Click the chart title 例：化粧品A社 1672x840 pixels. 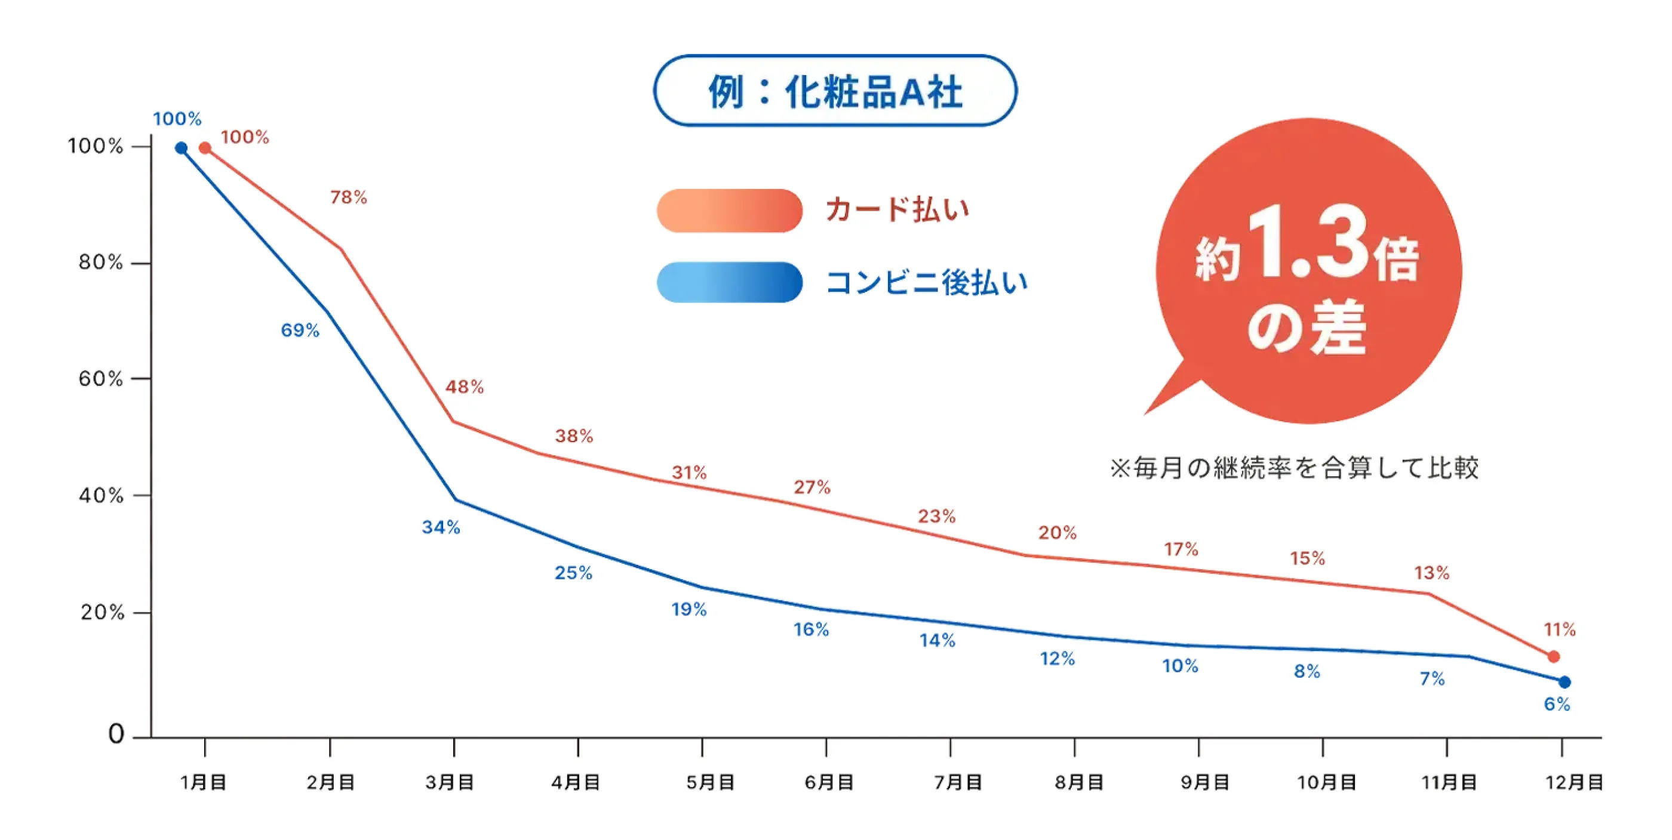click(x=835, y=91)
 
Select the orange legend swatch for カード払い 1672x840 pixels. click(x=729, y=210)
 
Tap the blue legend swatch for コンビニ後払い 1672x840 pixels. click(x=729, y=282)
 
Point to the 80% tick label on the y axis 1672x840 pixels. click(x=100, y=262)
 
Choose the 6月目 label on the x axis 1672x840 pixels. click(x=829, y=782)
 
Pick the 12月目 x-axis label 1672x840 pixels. click(x=1574, y=782)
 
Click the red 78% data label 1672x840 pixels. click(x=349, y=197)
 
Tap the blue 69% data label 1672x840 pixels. click(x=300, y=331)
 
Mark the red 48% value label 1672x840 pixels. click(x=464, y=387)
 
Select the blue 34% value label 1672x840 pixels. click(x=441, y=527)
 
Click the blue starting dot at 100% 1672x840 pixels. click(x=181, y=149)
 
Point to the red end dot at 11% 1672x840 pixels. click(x=1553, y=657)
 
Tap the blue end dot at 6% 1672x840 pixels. click(x=1565, y=682)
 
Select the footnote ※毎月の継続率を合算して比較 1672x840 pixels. click(x=1293, y=468)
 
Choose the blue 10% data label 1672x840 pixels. click(x=1180, y=666)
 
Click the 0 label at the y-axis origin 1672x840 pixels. click(x=116, y=734)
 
